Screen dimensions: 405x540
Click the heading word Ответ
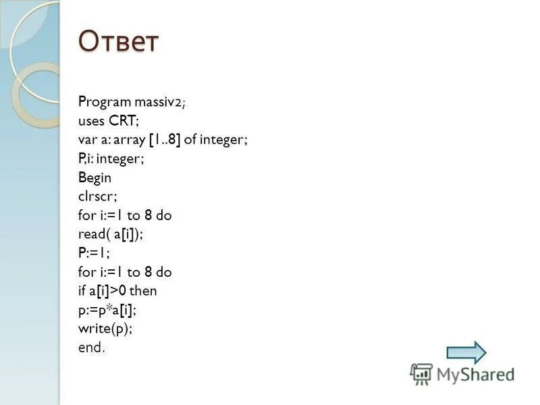119,42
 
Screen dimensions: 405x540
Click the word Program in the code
105,102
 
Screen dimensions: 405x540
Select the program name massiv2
159,102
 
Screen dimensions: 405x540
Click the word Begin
95,178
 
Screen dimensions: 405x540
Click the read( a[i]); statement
111,234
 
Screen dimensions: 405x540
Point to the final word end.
90,348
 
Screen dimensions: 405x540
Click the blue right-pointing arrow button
466,352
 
